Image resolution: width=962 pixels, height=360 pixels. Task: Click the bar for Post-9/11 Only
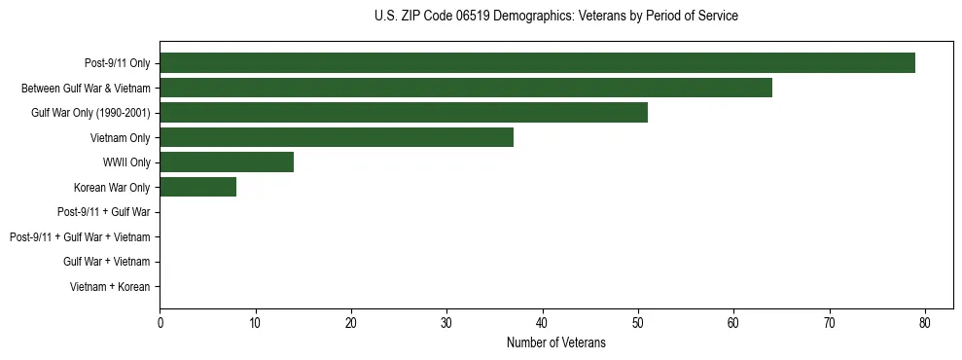pos(537,63)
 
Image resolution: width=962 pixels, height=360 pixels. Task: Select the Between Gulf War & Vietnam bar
pos(466,88)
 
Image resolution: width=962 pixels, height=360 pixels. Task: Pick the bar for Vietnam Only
pos(337,137)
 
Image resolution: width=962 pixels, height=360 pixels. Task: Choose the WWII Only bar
pos(227,162)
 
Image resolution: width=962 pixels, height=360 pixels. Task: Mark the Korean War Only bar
pos(197,187)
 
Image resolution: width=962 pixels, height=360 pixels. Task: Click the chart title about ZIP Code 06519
pos(555,17)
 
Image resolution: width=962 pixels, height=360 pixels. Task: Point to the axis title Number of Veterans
pos(555,342)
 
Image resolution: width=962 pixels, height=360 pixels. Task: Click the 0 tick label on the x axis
pos(160,322)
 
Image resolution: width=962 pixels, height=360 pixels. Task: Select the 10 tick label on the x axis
pos(255,322)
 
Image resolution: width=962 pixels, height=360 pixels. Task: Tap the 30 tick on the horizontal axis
pos(446,322)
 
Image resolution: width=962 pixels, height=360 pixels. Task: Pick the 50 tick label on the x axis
pos(638,322)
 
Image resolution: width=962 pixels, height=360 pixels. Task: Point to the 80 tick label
pos(925,322)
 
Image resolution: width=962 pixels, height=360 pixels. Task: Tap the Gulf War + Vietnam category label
pos(107,262)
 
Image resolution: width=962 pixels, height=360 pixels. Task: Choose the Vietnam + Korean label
pos(110,286)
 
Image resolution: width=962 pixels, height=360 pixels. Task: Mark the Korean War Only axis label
pos(112,187)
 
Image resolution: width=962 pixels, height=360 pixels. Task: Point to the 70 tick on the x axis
pos(830,322)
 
